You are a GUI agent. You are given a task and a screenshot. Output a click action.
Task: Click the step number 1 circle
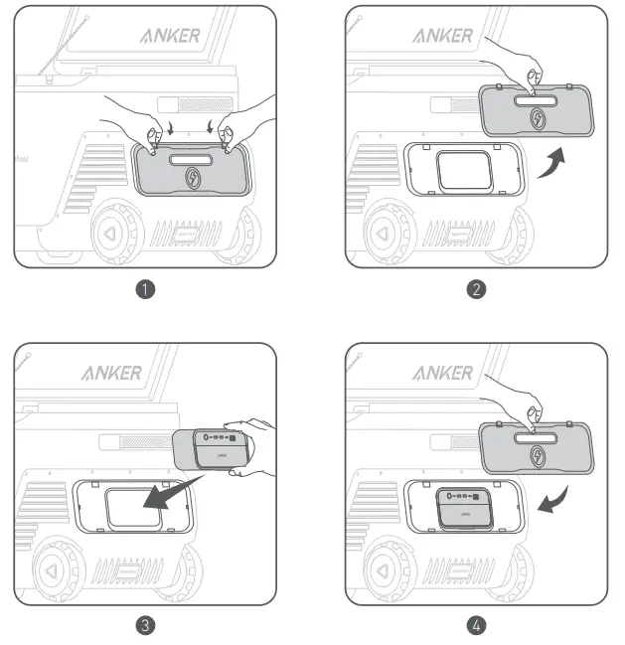click(x=146, y=291)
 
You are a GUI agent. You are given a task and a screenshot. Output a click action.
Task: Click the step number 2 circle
click(x=477, y=291)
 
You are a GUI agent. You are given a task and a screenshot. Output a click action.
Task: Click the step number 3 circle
click(x=146, y=626)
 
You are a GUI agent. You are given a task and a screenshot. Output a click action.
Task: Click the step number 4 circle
click(x=477, y=626)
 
